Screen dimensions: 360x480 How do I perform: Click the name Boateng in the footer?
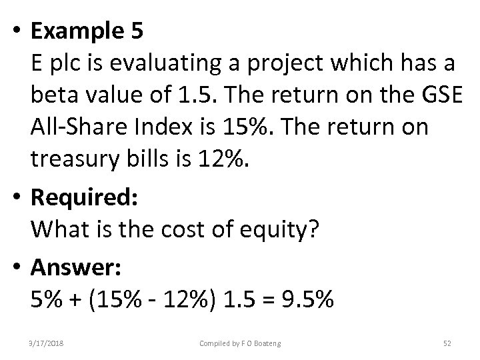(265, 343)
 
